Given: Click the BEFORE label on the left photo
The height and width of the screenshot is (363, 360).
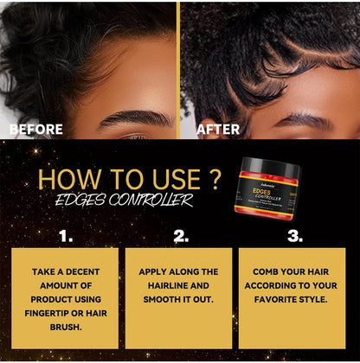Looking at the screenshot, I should coord(35,129).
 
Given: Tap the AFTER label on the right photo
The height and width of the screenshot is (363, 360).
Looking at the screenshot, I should coord(218,129).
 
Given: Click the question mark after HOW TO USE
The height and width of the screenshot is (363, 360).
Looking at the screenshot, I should coord(217,180).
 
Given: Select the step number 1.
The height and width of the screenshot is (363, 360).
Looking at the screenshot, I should coord(66,235).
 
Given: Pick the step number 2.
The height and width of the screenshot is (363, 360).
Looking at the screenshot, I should coord(181,235).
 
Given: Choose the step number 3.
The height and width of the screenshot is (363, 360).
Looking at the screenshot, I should coord(294,235).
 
